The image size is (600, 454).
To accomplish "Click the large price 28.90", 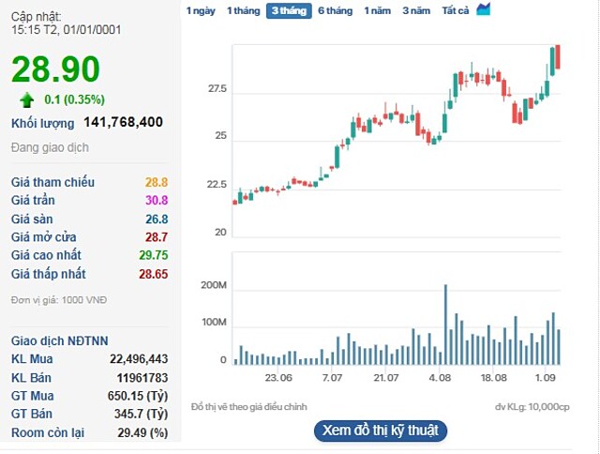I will click(x=55, y=69).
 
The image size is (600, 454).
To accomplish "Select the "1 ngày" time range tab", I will click(x=201, y=10).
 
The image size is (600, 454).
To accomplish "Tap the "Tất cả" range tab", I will click(x=456, y=10).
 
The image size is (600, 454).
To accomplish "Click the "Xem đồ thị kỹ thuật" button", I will click(x=380, y=431).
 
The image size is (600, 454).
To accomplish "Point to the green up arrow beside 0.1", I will click(x=26, y=99).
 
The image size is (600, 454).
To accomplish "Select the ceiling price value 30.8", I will click(x=156, y=201).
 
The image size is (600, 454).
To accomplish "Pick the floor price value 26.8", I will click(x=156, y=219).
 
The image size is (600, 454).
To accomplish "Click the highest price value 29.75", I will click(x=151, y=255).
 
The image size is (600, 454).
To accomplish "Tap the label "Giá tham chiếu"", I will click(x=52, y=182).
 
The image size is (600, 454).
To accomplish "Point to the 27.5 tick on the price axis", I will click(x=217, y=89).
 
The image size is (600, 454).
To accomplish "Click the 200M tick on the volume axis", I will click(x=215, y=285).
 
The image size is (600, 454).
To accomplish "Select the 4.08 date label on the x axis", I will click(x=440, y=378).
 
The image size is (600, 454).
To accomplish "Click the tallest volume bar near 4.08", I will click(x=445, y=324).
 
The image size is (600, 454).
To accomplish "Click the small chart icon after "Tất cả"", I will click(x=484, y=9).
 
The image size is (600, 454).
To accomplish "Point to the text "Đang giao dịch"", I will click(x=50, y=148).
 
